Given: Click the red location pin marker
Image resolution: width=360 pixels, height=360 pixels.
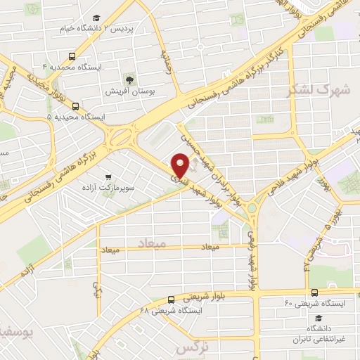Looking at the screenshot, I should [x=181, y=166].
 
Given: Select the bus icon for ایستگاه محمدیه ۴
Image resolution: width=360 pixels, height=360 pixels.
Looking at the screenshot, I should [x=72, y=56].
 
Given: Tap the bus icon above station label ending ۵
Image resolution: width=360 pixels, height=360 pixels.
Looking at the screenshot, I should [x=75, y=106].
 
